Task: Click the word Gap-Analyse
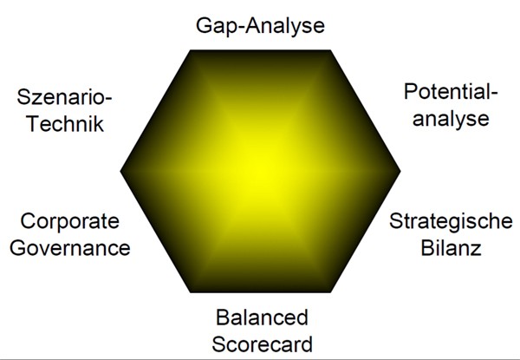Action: click(x=260, y=27)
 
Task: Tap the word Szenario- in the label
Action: click(x=65, y=97)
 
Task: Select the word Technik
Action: click(x=65, y=123)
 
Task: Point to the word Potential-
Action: click(x=451, y=91)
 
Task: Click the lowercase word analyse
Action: click(x=451, y=119)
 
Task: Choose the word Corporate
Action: click(x=69, y=221)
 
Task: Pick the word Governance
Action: click(x=70, y=248)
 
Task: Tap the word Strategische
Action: click(x=451, y=221)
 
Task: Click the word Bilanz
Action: click(x=451, y=248)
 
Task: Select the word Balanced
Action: click(x=263, y=317)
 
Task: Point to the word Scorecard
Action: click(x=263, y=344)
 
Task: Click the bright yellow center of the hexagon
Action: click(x=260, y=171)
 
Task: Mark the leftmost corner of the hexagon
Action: click(x=120, y=171)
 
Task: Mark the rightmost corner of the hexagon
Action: click(x=400, y=171)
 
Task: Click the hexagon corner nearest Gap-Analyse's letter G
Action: click(x=191, y=50)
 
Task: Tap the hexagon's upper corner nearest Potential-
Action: click(x=330, y=50)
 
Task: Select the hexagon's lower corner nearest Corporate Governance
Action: click(x=191, y=292)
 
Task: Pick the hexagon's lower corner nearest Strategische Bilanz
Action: click(x=330, y=292)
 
